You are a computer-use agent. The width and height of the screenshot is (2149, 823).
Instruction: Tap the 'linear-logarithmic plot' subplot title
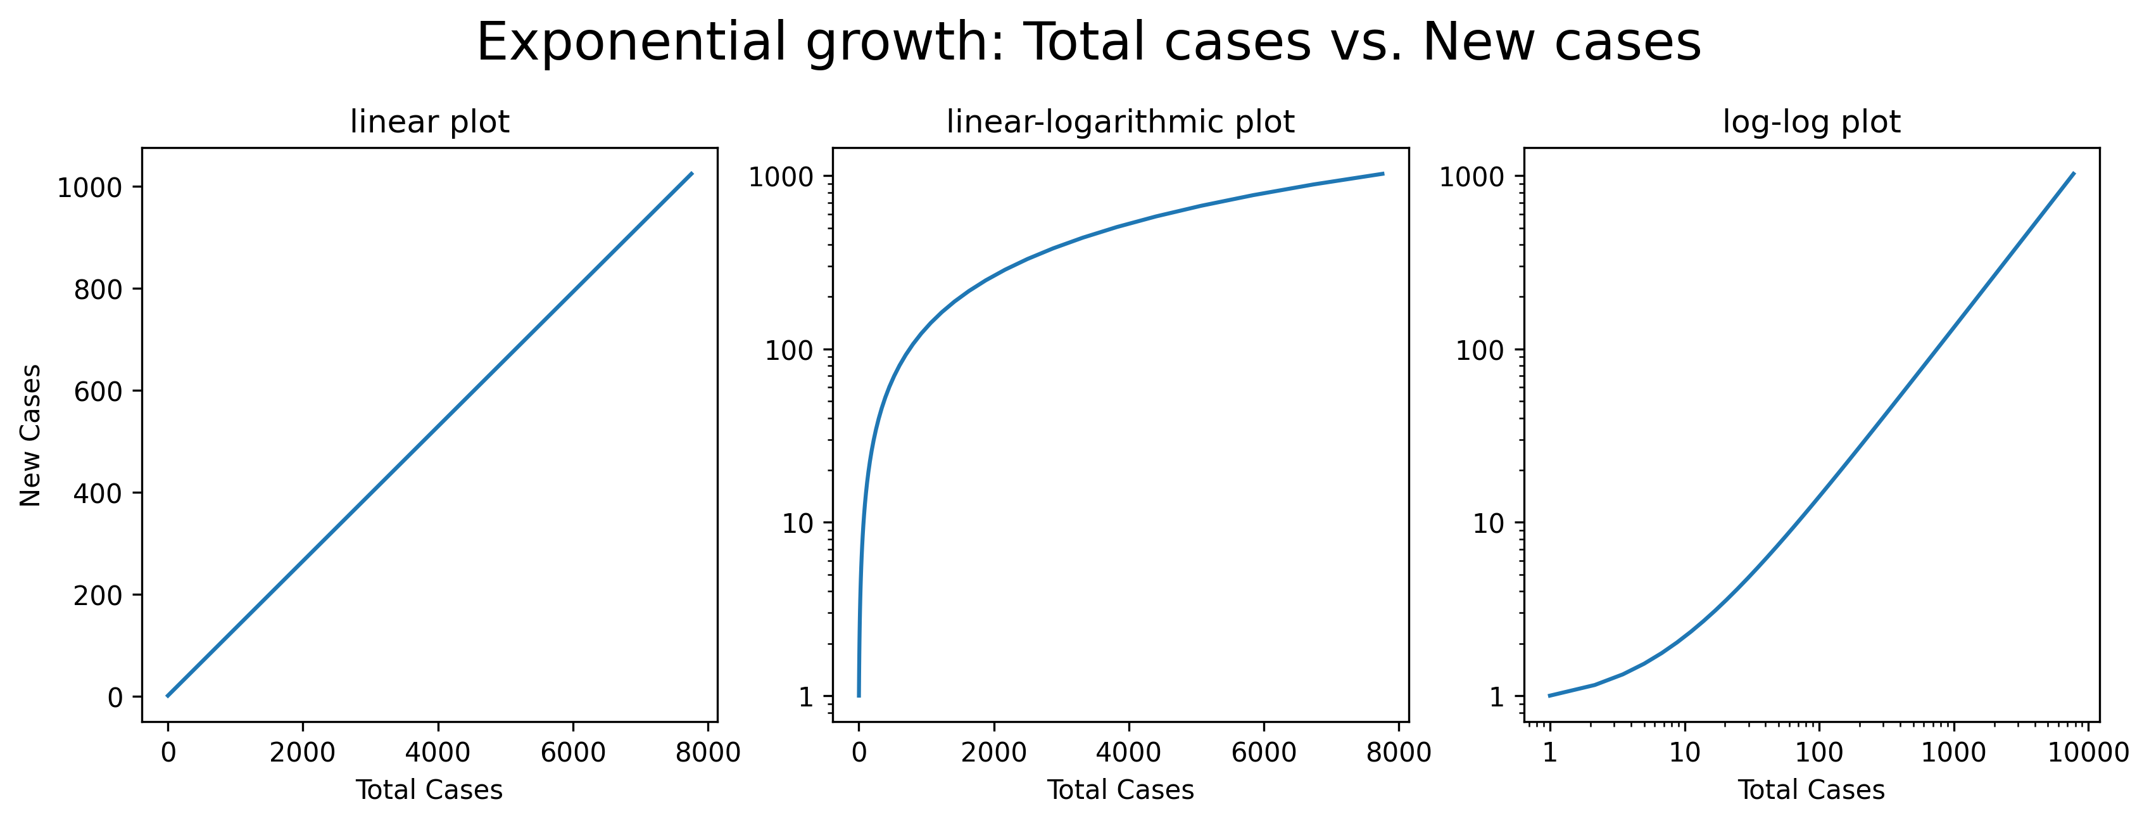[x=1119, y=123]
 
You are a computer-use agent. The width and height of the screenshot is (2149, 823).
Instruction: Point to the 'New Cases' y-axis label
[x=31, y=435]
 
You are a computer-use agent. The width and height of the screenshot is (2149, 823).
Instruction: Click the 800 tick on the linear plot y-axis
[x=98, y=290]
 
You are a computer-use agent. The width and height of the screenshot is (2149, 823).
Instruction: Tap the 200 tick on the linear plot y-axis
[x=98, y=595]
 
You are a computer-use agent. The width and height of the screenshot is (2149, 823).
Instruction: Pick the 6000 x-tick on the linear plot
[x=572, y=752]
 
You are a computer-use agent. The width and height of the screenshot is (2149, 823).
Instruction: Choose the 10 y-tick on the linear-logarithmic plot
[x=797, y=523]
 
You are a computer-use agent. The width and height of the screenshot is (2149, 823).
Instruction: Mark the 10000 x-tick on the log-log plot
[x=2088, y=752]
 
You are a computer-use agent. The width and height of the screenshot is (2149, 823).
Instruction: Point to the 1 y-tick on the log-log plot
[x=1497, y=696]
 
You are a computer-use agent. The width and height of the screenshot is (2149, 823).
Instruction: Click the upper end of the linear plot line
[x=691, y=174]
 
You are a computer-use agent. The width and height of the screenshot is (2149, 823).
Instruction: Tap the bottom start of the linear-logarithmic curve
[x=859, y=695]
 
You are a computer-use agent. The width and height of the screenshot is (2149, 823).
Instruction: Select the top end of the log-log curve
[x=2074, y=174]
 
